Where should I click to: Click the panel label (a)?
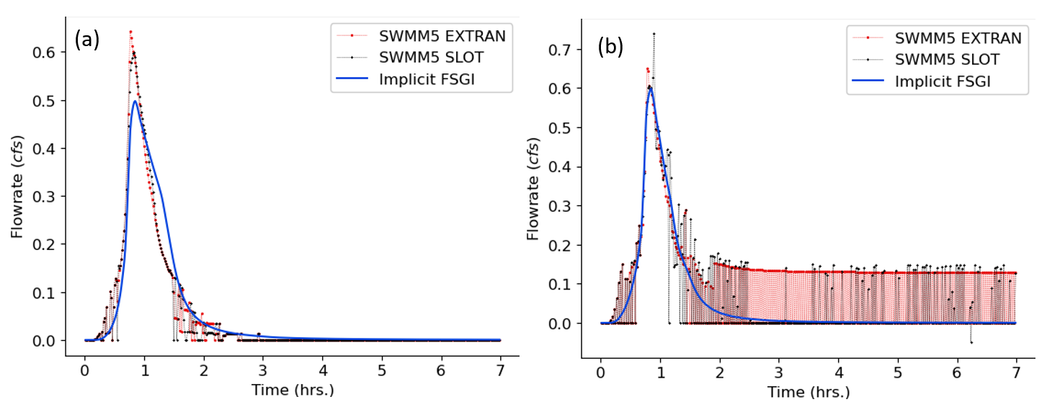87,40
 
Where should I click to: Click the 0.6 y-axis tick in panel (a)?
49,53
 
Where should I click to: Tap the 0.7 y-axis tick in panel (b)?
566,50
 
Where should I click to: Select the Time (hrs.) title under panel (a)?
291,390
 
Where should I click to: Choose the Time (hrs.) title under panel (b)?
808,392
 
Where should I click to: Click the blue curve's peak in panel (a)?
135,101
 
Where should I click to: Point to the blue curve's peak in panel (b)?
650,88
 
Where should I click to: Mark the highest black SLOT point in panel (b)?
654,33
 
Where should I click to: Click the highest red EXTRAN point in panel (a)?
130,32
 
